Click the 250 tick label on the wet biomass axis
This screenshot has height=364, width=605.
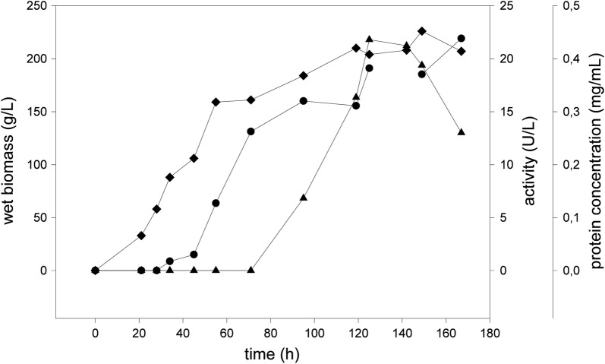36,6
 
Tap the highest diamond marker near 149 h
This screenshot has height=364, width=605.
422,31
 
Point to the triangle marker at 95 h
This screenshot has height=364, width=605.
304,198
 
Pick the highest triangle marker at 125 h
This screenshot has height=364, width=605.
369,39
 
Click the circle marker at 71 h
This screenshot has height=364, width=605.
251,131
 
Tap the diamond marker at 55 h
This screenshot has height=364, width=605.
216,102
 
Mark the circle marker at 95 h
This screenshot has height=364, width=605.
304,101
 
